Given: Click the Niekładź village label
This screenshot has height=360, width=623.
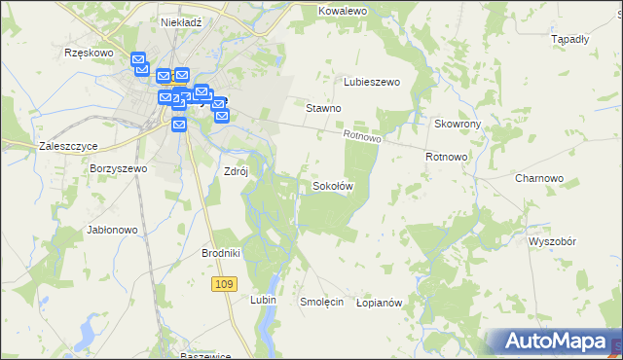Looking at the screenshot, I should tap(179, 19).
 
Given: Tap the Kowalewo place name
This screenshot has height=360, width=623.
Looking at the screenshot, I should tap(342, 10).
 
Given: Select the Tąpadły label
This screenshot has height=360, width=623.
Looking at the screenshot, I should tap(570, 39).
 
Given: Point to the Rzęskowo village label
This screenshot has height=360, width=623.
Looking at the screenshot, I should tap(89, 53).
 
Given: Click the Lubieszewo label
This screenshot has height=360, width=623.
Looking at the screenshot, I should tap(372, 82).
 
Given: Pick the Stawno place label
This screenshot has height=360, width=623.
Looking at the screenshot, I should tap(323, 108).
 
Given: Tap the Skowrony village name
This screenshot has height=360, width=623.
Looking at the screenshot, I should tap(458, 126).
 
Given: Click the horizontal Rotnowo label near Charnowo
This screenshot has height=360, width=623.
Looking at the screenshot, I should tap(447, 156).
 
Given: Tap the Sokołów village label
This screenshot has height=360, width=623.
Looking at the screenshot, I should tap(332, 185).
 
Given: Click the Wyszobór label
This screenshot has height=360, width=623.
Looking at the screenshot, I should tap(553, 240).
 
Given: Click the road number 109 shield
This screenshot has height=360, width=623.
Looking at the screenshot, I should tap(223, 282).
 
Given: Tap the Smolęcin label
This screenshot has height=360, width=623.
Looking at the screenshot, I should tap(322, 302).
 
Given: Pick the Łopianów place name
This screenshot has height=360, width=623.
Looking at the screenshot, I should tap(380, 303).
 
